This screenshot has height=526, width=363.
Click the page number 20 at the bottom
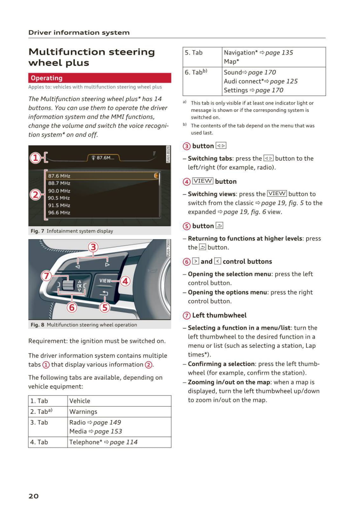point(33,496)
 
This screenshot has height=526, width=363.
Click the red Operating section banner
point(99,78)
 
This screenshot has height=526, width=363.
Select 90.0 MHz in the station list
point(59,191)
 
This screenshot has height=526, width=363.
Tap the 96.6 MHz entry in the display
point(59,212)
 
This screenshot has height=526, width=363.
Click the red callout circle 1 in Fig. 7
point(35,157)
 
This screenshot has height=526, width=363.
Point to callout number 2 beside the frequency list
point(35,195)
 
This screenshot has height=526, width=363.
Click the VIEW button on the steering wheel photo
point(105,280)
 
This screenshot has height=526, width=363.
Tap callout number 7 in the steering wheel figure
point(46,275)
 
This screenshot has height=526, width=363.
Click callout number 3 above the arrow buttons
point(93,247)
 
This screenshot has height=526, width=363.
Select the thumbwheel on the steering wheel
point(68,285)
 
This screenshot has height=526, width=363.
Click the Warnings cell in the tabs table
point(83,412)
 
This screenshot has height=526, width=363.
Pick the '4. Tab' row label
point(39,442)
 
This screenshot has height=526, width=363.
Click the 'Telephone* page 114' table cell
point(103,442)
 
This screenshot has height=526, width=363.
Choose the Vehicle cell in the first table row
point(80,401)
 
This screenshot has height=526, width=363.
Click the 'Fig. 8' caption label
point(38,325)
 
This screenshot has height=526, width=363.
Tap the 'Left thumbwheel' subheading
point(219,315)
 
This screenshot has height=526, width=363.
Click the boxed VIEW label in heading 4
point(202,181)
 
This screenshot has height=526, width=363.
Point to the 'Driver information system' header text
point(79,32)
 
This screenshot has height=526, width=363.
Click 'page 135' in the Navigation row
point(279,52)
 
